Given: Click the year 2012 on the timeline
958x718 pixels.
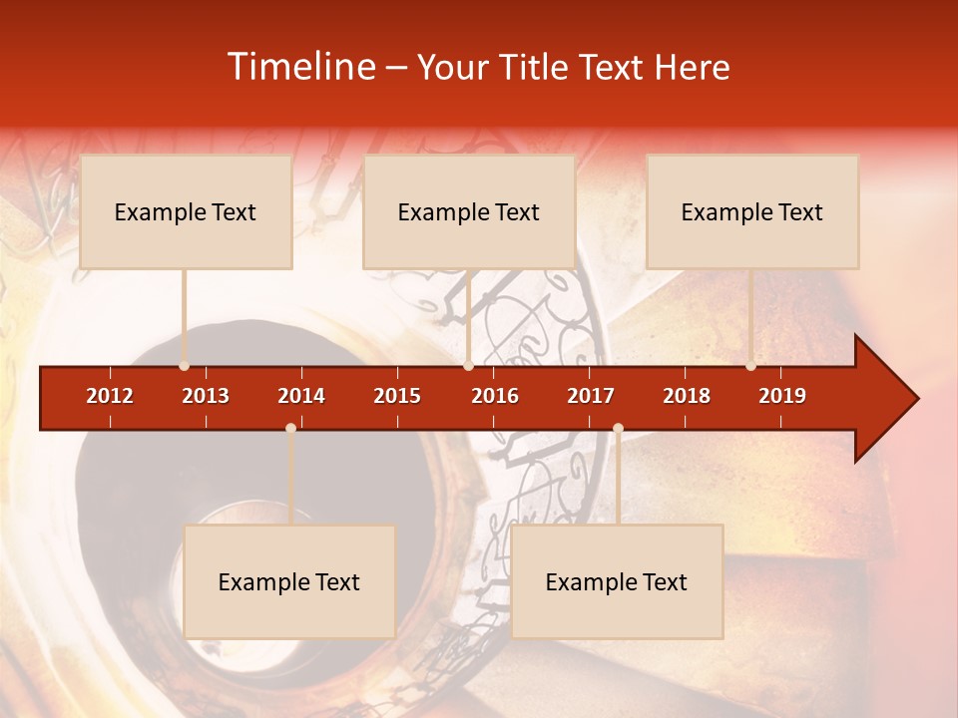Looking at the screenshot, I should (x=110, y=396).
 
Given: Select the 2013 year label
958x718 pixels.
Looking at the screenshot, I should (x=206, y=396).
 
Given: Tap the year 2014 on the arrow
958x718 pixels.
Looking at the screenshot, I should (x=301, y=396).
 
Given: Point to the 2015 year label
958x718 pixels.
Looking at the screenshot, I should (x=397, y=396).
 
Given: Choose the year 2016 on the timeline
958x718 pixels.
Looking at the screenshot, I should (x=495, y=396).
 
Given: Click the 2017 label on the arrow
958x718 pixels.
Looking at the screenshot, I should (x=591, y=396).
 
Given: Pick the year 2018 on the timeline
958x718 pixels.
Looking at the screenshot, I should (x=687, y=396).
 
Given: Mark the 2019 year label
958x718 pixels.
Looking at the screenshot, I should (x=782, y=396).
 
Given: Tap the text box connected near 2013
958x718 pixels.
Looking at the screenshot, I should (x=186, y=212).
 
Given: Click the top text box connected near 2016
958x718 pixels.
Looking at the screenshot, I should (x=469, y=212).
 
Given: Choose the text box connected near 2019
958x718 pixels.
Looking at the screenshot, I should (x=752, y=212).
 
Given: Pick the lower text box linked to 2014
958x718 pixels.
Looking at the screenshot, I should (x=289, y=582).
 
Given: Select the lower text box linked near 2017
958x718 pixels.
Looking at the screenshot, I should (x=617, y=582).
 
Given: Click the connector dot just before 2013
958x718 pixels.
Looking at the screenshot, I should (x=184, y=366).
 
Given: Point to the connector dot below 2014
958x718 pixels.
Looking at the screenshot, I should (x=290, y=428).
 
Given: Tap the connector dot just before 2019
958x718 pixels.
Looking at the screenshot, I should (x=750, y=366).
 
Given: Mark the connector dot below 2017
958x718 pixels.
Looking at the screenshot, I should (x=618, y=428).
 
